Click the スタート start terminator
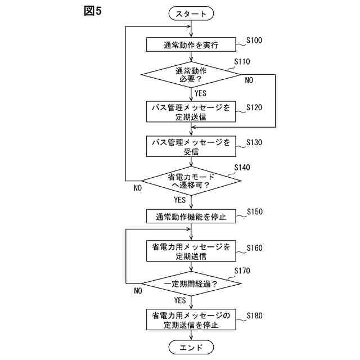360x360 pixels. (x=191, y=13)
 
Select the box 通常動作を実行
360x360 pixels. (x=191, y=44)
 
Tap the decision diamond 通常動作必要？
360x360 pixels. (x=191, y=75)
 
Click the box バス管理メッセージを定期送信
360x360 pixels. (x=191, y=111)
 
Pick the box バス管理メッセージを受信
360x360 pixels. (x=191, y=146)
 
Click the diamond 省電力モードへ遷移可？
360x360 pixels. (x=191, y=181)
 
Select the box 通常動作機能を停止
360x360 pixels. (x=191, y=216)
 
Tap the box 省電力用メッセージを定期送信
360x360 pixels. (x=191, y=251)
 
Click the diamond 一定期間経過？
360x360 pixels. (x=191, y=283)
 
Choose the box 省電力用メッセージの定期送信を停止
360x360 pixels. (x=191, y=319)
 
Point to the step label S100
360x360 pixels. (x=254, y=40)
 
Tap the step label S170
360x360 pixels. (x=242, y=271)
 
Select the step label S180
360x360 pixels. (x=254, y=316)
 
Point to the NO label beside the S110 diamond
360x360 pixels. (x=249, y=80)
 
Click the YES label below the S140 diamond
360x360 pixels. (x=180, y=200)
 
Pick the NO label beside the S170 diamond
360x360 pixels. (x=138, y=291)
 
